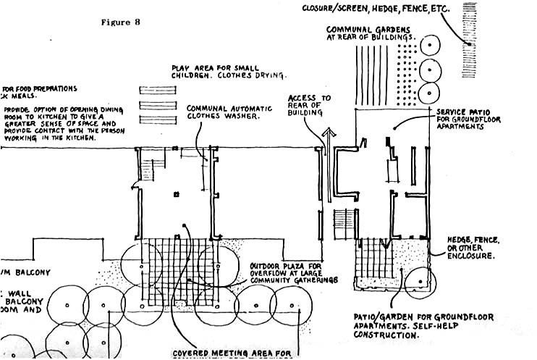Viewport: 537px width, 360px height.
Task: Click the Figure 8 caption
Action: point(121,22)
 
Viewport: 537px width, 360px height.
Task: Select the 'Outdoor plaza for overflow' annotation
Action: point(294,273)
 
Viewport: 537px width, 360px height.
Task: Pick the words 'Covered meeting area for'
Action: point(232,354)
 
